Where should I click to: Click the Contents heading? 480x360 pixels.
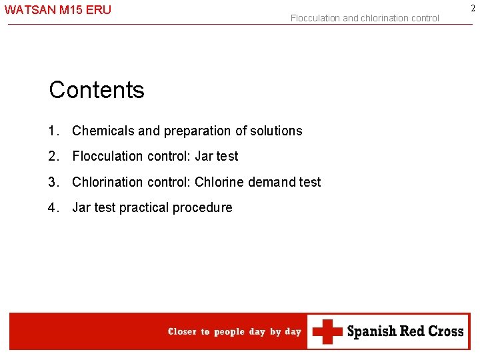(x=97, y=90)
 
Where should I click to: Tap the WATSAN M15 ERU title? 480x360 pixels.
(x=58, y=10)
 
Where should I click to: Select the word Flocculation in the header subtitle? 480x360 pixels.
(x=315, y=18)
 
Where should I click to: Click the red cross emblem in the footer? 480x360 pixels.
(x=327, y=331)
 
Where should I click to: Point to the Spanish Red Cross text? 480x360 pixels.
(x=405, y=331)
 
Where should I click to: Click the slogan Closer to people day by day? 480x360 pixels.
(x=235, y=332)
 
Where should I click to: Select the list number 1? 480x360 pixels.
(x=53, y=131)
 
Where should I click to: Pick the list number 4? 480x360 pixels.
(x=53, y=207)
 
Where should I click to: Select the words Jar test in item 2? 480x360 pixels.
(x=216, y=156)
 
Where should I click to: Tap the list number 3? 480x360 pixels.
(x=53, y=182)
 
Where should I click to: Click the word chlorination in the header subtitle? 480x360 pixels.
(x=385, y=18)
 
